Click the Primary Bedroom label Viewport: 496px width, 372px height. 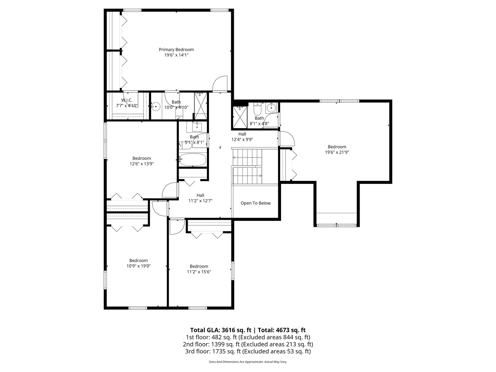[176, 50]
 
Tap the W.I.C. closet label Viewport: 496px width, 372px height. [126, 100]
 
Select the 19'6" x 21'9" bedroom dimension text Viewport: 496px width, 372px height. [337, 152]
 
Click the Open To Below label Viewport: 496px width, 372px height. [256, 203]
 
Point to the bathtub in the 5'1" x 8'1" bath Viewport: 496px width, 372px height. [193, 160]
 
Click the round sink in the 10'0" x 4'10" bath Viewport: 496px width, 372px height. [156, 107]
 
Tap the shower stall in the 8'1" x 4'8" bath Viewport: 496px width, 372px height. [240, 117]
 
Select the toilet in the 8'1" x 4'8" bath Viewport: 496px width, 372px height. [257, 110]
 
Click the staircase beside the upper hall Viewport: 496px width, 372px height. [247, 166]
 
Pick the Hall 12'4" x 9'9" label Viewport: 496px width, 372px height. [242, 137]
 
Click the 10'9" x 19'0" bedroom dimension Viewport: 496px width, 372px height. [138, 266]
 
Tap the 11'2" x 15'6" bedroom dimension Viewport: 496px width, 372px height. [199, 272]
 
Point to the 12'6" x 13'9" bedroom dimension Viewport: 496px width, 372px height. [142, 164]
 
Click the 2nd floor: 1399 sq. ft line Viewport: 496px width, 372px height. [248, 344]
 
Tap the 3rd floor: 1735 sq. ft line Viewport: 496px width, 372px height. [248, 351]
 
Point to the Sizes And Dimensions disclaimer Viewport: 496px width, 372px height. [248, 362]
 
